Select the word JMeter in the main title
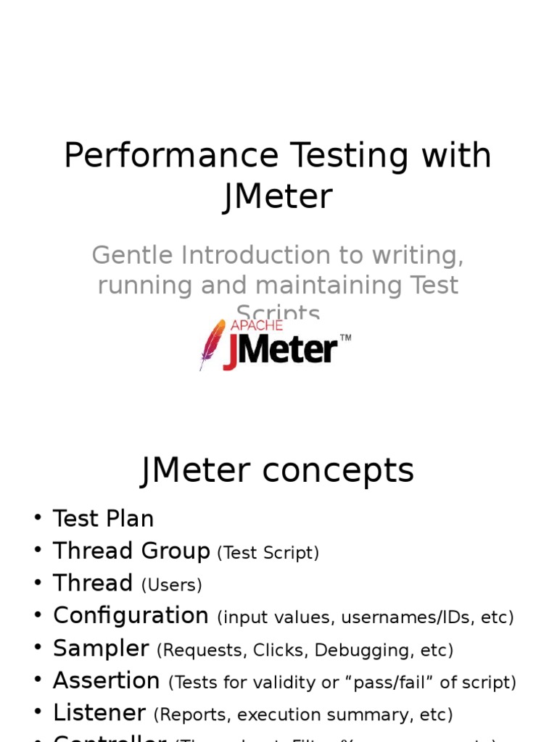[278, 196]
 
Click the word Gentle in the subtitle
[132, 256]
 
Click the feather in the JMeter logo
[212, 344]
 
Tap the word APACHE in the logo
[256, 325]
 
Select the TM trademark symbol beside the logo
[345, 338]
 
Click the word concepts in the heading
[339, 470]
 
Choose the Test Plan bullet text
[103, 519]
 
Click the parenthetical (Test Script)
[268, 553]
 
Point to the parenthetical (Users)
[171, 585]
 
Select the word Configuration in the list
[131, 616]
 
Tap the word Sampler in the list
[101, 649]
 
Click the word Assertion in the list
[107, 681]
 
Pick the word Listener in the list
[99, 713]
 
